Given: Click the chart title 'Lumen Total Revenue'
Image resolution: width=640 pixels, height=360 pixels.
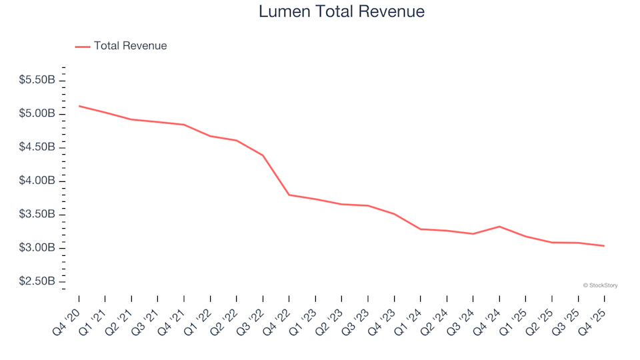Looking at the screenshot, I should coord(341,12).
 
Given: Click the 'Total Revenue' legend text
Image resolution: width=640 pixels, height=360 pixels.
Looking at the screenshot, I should coord(130,46).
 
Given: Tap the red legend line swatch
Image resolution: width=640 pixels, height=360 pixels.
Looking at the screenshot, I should coord(82,47).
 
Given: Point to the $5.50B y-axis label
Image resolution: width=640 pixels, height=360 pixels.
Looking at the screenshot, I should coord(37,80).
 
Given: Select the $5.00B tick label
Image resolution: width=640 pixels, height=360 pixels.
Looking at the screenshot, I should coord(37,114).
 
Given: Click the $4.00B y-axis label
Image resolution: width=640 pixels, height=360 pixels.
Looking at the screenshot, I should coord(37,181).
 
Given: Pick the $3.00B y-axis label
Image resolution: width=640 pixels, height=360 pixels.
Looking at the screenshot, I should coord(37,248).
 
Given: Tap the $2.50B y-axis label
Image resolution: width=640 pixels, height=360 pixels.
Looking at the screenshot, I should coord(37,281).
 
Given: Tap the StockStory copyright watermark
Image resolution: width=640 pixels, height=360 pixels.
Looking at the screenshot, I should coord(600,285).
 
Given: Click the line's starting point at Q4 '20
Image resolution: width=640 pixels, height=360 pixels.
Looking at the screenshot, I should coord(79,106).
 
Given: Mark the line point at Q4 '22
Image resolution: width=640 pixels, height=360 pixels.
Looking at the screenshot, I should coord(289,195).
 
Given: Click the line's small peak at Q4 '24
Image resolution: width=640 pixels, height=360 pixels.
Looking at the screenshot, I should coord(499,227).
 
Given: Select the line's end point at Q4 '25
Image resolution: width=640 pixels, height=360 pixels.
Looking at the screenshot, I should coord(604,246).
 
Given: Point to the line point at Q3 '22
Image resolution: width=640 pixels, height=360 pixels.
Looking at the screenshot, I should coord(263,155).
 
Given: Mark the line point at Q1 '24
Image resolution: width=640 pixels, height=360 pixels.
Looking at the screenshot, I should coord(421,229).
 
